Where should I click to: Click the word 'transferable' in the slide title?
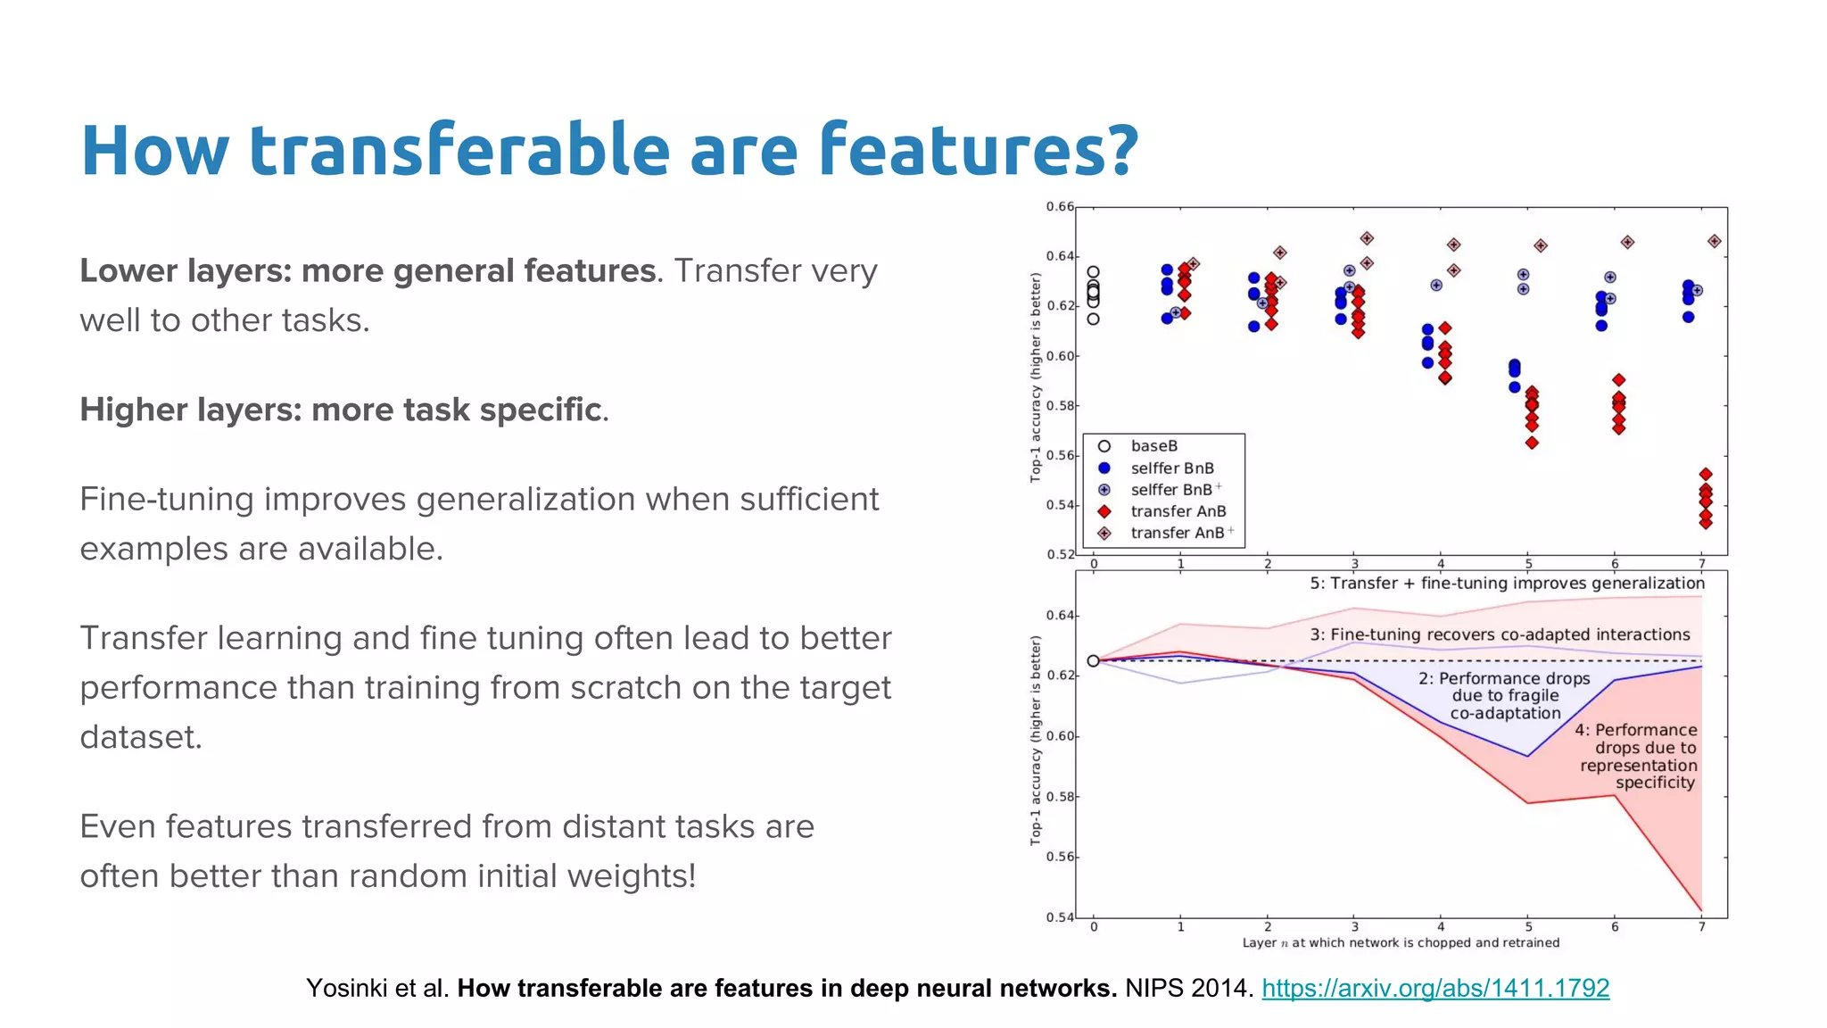tap(459, 150)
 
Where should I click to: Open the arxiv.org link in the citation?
tap(1434, 988)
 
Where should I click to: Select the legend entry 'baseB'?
tap(1153, 446)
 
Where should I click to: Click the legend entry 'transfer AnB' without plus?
tap(1178, 511)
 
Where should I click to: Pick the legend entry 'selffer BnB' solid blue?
tap(1171, 468)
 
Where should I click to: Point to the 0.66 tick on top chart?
tap(1060, 207)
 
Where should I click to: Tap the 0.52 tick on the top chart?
tap(1060, 554)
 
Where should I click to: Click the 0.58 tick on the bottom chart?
tap(1060, 797)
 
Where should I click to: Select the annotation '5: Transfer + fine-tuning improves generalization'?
tap(1507, 584)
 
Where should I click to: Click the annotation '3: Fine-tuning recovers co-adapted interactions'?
tap(1500, 634)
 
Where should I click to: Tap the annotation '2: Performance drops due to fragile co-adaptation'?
tap(1505, 696)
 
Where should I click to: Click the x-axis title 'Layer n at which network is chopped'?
tap(1401, 942)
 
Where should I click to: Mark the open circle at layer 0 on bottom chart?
tap(1093, 661)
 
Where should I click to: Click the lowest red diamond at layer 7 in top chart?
tap(1706, 523)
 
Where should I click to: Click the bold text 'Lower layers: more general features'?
tap(368, 271)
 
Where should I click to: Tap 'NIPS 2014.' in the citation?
tap(1189, 988)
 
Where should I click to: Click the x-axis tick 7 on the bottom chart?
tap(1702, 927)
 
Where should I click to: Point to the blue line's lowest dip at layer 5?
tap(1528, 757)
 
